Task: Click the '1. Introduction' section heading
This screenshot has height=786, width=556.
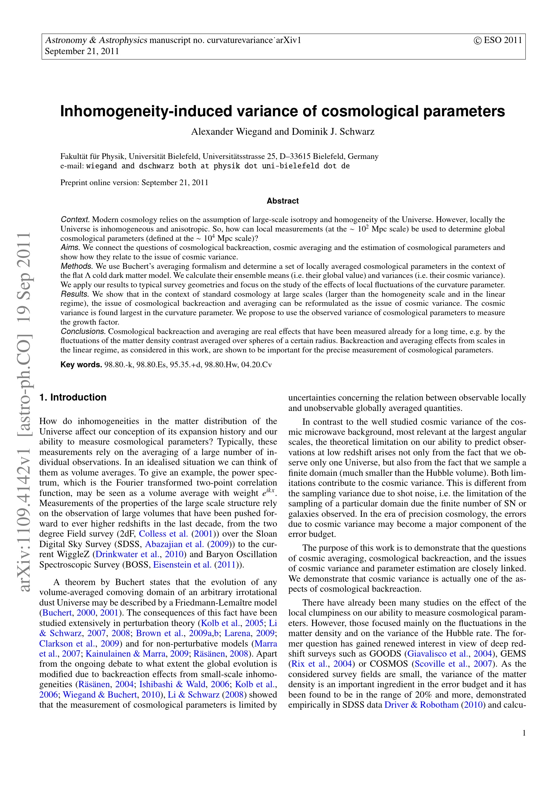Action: [73, 397]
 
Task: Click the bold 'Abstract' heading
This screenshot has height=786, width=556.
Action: [282, 201]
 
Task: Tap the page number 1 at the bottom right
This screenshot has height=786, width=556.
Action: [524, 733]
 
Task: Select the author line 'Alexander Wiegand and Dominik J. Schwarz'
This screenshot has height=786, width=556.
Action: [282, 132]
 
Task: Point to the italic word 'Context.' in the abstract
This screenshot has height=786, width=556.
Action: [75, 219]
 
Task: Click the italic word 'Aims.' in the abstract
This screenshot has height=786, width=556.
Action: [70, 248]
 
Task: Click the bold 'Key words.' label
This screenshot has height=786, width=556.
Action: [81, 365]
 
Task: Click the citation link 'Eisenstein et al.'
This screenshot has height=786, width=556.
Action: [182, 565]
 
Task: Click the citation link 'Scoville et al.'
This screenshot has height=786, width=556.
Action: [442, 664]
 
